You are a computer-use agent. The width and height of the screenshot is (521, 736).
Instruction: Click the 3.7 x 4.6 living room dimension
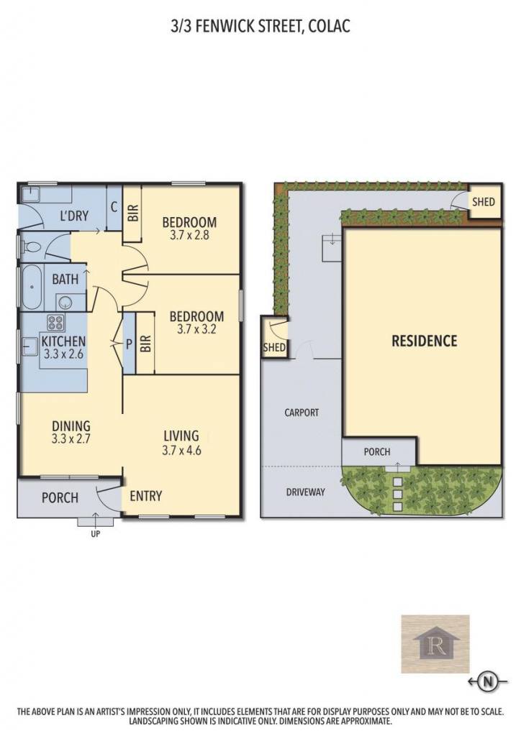click(x=181, y=450)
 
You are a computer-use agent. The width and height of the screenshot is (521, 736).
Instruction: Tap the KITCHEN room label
click(x=63, y=341)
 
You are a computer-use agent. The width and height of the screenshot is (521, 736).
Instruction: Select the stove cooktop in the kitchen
click(x=56, y=323)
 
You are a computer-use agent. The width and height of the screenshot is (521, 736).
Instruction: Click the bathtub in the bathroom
click(x=32, y=287)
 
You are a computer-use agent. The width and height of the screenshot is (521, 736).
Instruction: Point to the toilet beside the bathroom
click(x=32, y=247)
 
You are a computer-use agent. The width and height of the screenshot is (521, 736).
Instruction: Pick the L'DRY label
click(x=74, y=216)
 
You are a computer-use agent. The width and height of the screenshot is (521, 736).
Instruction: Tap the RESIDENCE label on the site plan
click(x=425, y=341)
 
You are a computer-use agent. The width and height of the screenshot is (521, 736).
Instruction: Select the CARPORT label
click(x=302, y=413)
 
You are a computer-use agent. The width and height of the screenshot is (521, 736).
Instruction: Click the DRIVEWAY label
click(x=305, y=492)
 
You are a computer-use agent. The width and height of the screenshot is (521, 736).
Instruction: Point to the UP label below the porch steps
click(x=96, y=534)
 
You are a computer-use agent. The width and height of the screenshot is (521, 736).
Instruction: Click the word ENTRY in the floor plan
click(x=145, y=496)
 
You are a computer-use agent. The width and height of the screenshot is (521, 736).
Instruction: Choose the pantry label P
click(x=130, y=344)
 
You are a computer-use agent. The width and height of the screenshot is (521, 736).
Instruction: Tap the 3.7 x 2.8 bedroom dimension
click(x=189, y=235)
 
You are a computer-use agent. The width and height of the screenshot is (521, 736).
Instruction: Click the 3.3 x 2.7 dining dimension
click(x=71, y=439)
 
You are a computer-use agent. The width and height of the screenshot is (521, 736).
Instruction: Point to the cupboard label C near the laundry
click(x=114, y=207)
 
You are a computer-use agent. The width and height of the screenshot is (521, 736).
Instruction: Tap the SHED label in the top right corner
click(x=484, y=202)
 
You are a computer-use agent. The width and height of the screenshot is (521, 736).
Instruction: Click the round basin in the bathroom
click(x=63, y=302)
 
